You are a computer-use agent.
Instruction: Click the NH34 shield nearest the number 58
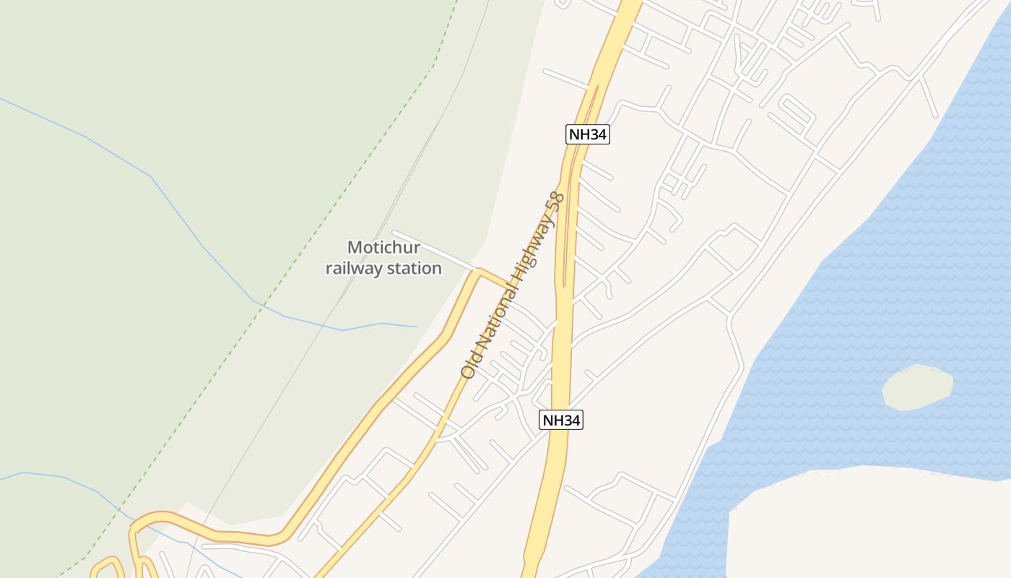point(588,134)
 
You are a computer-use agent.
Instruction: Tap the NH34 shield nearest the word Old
point(561,420)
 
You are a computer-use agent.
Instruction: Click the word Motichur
point(383,248)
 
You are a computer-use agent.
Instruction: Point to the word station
point(416,268)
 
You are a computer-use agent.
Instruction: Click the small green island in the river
point(917,387)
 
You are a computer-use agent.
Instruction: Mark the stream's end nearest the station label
point(417,327)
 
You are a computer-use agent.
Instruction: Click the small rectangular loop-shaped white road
point(794,113)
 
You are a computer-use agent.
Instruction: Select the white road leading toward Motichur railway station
point(433,251)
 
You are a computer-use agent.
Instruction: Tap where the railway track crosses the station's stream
point(324,325)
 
